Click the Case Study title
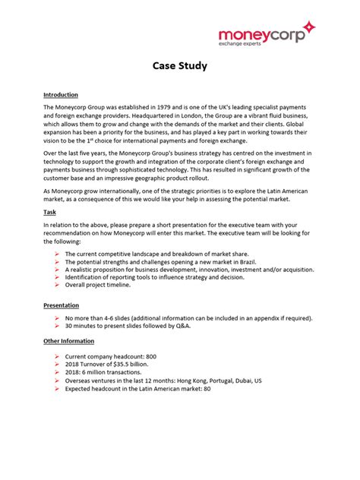179,66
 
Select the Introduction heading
61,95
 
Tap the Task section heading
50,213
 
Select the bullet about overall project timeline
97,285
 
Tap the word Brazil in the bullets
237,261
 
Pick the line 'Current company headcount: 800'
111,355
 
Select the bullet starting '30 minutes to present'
128,325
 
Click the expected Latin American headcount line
137,389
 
